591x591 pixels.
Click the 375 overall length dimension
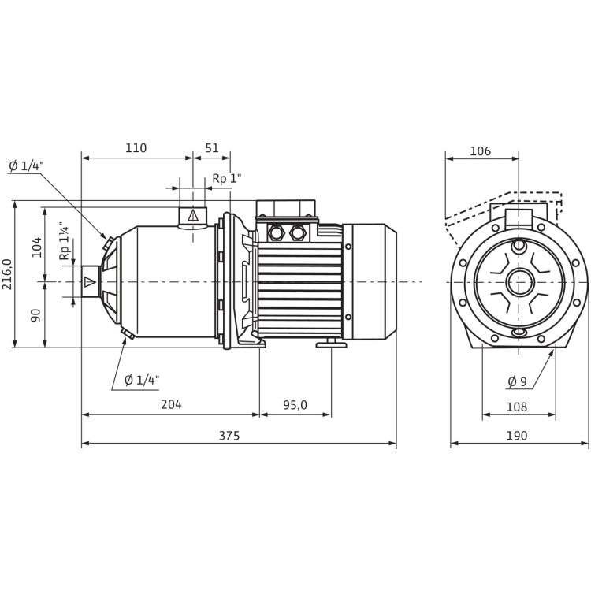click(229, 436)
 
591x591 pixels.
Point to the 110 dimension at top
click(136, 147)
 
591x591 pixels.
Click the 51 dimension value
click(212, 147)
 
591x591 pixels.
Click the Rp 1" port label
click(227, 178)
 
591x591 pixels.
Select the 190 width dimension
click(518, 436)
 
